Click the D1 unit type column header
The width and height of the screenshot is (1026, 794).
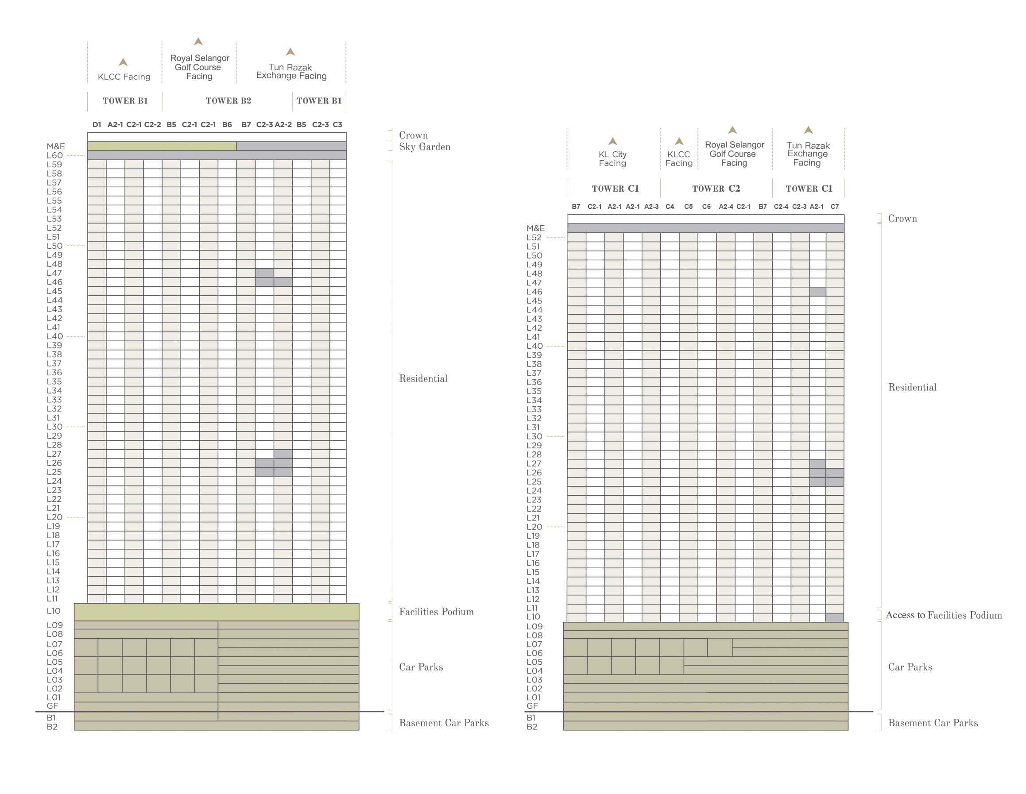click(x=97, y=124)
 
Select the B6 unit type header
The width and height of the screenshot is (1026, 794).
click(x=227, y=124)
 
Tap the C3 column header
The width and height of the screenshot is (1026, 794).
click(x=337, y=124)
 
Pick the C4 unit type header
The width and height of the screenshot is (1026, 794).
click(x=670, y=207)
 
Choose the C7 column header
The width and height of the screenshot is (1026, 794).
click(x=834, y=207)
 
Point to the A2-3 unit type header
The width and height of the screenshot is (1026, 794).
click(x=651, y=207)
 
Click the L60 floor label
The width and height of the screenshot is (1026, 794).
click(x=54, y=155)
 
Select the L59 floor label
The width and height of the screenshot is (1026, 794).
click(x=54, y=164)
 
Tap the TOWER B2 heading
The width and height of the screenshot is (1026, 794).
click(x=228, y=101)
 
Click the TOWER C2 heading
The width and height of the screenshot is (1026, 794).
click(x=716, y=189)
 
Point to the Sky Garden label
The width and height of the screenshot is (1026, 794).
click(x=425, y=147)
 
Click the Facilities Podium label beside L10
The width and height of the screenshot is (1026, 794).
click(x=437, y=612)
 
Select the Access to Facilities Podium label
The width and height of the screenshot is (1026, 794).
click(x=944, y=615)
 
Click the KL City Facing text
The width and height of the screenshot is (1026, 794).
click(x=612, y=159)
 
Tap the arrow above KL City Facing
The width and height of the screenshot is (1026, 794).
click(x=612, y=141)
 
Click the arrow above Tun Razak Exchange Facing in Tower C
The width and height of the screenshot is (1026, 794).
click(x=808, y=130)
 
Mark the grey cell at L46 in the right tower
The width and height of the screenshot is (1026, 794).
click(x=817, y=292)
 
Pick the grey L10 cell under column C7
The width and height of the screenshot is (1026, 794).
click(x=835, y=617)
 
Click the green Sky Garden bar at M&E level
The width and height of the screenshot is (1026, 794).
click(x=162, y=146)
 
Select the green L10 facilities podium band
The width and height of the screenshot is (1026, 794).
click(x=217, y=612)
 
